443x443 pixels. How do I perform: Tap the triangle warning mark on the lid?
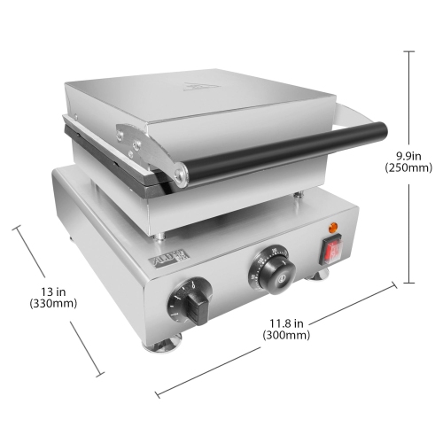point(198,86)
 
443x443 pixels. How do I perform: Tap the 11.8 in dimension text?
point(286,323)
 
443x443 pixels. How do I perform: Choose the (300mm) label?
point(286,336)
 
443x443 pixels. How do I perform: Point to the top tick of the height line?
point(408,51)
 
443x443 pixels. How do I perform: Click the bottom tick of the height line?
point(408,284)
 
